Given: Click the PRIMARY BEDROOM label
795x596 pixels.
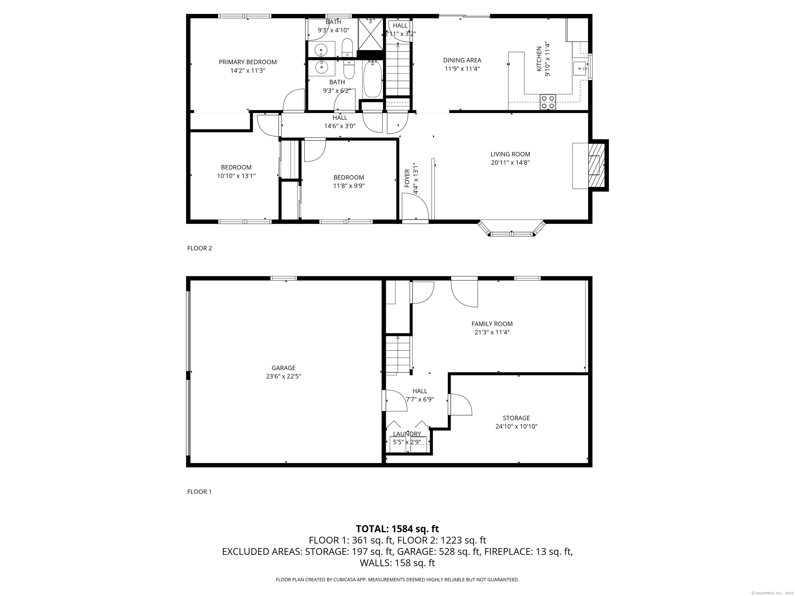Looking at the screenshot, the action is (248, 62).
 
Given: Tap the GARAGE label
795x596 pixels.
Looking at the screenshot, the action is (284, 368).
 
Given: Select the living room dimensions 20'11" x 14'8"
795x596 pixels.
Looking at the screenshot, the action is (510, 162).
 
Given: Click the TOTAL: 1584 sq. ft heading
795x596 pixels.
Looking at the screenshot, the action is (397, 529).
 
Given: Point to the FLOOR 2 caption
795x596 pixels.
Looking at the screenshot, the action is (200, 248).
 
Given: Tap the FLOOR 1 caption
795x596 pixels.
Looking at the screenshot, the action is (200, 492).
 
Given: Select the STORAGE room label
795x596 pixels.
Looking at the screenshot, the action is (517, 418).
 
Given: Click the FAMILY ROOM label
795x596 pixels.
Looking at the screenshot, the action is (492, 324).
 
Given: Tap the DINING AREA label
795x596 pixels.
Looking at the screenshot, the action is (462, 60).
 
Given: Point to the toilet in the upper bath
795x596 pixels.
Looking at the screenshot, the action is (347, 48).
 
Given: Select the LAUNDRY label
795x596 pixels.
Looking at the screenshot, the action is (407, 434).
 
